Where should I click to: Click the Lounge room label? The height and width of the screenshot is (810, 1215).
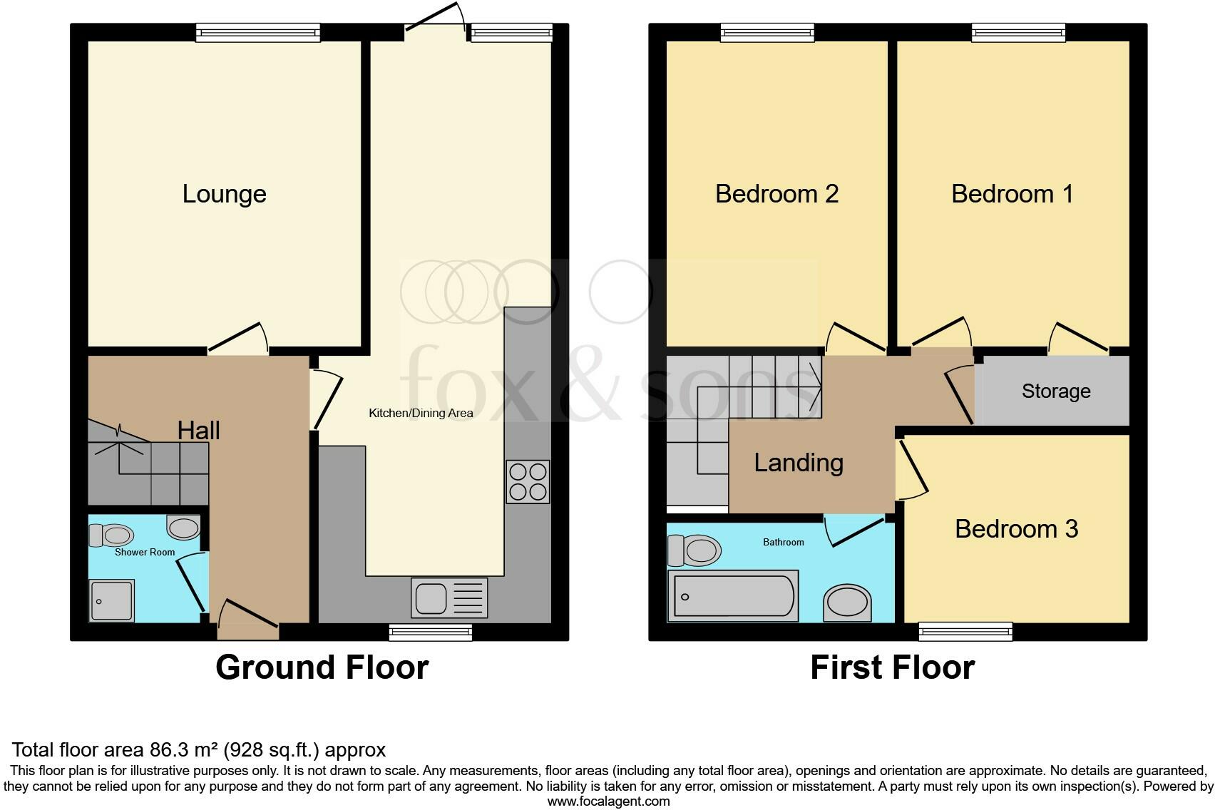[x=224, y=194]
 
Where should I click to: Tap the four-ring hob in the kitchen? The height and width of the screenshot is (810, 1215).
[x=528, y=482]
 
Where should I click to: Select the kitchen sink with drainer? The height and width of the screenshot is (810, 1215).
[x=449, y=598]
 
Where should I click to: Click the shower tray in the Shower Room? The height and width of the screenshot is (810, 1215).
[x=111, y=600]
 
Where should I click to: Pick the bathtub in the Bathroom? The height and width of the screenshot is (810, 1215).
[x=732, y=596]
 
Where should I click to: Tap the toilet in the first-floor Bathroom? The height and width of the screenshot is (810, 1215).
[x=694, y=550]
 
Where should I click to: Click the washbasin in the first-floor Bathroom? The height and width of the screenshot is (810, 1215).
[x=848, y=603]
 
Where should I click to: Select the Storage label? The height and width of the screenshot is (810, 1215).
[x=1056, y=391]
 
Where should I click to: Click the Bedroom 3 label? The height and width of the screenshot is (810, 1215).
[x=1016, y=528]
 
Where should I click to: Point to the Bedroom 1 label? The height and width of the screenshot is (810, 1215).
[x=1012, y=194]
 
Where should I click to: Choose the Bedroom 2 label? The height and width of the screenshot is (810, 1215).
[x=776, y=194]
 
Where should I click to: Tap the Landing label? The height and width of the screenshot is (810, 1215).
[x=799, y=463]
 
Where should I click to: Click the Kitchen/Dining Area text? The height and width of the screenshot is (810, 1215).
[x=421, y=413]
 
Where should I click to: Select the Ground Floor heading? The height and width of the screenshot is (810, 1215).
[x=322, y=667]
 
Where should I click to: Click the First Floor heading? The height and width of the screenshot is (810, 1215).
[x=892, y=667]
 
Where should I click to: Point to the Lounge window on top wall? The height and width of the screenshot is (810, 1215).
[x=258, y=32]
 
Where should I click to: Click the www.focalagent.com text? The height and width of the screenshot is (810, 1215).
[x=608, y=801]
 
